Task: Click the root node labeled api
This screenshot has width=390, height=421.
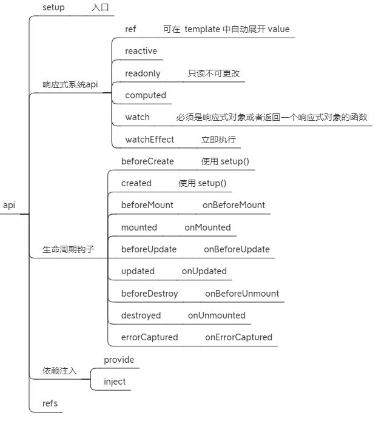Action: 9,205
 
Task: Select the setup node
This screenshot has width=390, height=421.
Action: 53,7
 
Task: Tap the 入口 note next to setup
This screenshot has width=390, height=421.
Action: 101,8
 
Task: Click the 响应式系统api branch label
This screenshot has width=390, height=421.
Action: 70,84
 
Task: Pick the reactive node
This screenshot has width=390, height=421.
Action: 141,51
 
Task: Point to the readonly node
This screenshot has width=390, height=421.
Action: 143,73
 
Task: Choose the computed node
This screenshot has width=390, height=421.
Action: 145,95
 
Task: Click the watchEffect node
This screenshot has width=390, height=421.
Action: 149,140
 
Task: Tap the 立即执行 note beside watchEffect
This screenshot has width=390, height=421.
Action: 218,140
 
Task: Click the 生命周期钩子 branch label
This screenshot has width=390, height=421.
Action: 69,249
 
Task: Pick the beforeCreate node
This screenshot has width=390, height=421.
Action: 147,161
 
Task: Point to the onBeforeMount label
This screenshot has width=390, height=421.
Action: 234,205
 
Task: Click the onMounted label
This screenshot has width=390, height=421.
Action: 207,227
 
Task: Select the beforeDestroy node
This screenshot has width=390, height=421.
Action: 149,294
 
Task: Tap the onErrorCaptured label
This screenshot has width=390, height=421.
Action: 238,337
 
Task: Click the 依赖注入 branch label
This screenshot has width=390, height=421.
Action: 59,370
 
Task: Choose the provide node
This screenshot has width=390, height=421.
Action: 119,360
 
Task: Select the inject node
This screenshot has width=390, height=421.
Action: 115,382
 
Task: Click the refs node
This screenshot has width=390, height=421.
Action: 50,403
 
